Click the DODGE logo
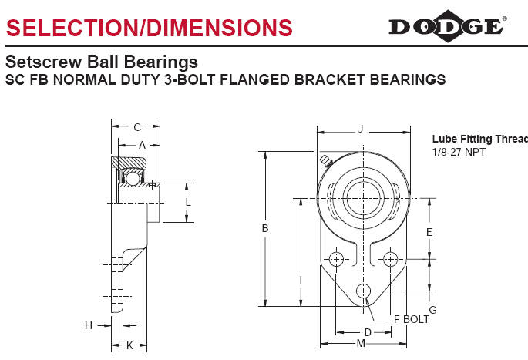[x=448, y=26]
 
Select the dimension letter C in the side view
[x=137, y=127]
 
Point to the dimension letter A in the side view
[x=142, y=145]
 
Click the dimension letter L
[x=188, y=202]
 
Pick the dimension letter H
[x=89, y=325]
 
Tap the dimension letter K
[x=129, y=345]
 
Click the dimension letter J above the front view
[x=361, y=129]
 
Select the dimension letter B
[x=265, y=228]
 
